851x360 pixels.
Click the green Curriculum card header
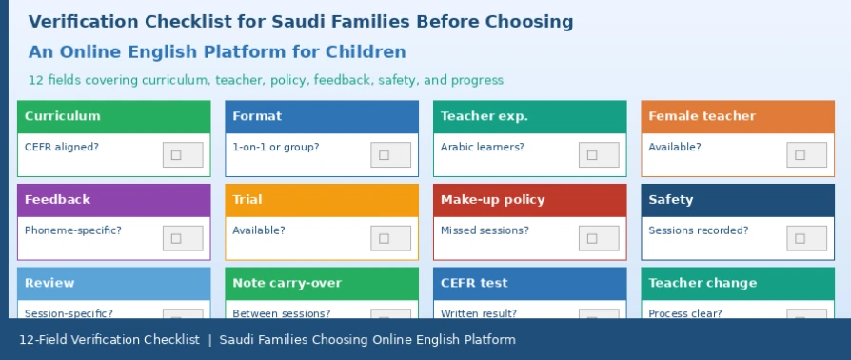pyautogui.click(x=114, y=117)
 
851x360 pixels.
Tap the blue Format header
pyautogui.click(x=322, y=117)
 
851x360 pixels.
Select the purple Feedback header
pyautogui.click(x=114, y=200)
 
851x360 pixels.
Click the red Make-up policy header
pyautogui.click(x=529, y=200)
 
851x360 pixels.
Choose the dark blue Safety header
pyautogui.click(x=738, y=200)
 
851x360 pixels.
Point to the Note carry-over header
pyautogui.click(x=322, y=284)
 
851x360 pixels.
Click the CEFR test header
pyautogui.click(x=529, y=284)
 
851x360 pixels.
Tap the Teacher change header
pyautogui.click(x=738, y=284)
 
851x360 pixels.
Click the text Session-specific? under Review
pyautogui.click(x=69, y=314)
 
